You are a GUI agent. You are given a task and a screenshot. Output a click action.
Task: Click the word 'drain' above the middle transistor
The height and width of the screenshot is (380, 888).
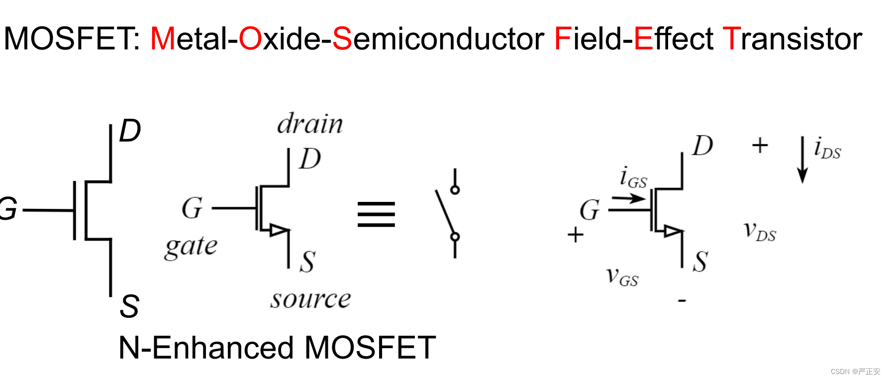coord(309,124)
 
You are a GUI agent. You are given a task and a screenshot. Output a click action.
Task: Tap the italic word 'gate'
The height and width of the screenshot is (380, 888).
coord(191,246)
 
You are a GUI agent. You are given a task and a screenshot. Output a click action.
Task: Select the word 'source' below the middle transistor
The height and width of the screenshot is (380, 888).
coord(310,299)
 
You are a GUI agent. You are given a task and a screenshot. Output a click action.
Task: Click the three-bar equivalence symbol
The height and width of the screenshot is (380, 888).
coord(376,214)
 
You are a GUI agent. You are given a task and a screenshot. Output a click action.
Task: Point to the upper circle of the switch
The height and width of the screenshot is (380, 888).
coord(455,190)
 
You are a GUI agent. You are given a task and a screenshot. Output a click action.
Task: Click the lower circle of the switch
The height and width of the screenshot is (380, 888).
coord(455,237)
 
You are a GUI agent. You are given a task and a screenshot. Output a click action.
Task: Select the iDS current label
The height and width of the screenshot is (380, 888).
coord(827,148)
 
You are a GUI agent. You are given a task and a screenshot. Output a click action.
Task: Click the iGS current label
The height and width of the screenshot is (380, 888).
coord(633,177)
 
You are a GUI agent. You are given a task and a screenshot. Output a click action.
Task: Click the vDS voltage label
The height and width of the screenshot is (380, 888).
coord(760,231)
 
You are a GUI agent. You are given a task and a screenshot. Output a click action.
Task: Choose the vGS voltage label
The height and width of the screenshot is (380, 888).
coord(622,277)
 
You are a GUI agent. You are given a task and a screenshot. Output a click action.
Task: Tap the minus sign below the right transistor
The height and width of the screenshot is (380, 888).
coord(682,300)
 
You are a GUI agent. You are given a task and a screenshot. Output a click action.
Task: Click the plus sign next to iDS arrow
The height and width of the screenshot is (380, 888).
coord(760,146)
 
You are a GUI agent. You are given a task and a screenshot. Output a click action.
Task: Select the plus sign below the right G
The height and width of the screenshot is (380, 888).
coord(576,234)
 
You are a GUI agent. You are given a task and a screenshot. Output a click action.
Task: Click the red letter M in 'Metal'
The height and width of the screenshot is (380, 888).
coord(163,39)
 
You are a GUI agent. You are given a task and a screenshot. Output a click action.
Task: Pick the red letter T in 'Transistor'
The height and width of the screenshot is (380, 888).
coord(731,39)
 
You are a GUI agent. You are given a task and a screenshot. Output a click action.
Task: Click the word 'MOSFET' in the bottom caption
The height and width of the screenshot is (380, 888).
coord(370,348)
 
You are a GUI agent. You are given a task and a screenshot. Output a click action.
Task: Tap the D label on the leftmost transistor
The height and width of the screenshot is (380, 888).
coord(130,131)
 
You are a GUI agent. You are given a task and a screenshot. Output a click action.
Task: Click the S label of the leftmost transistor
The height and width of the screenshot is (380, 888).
coord(129,306)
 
